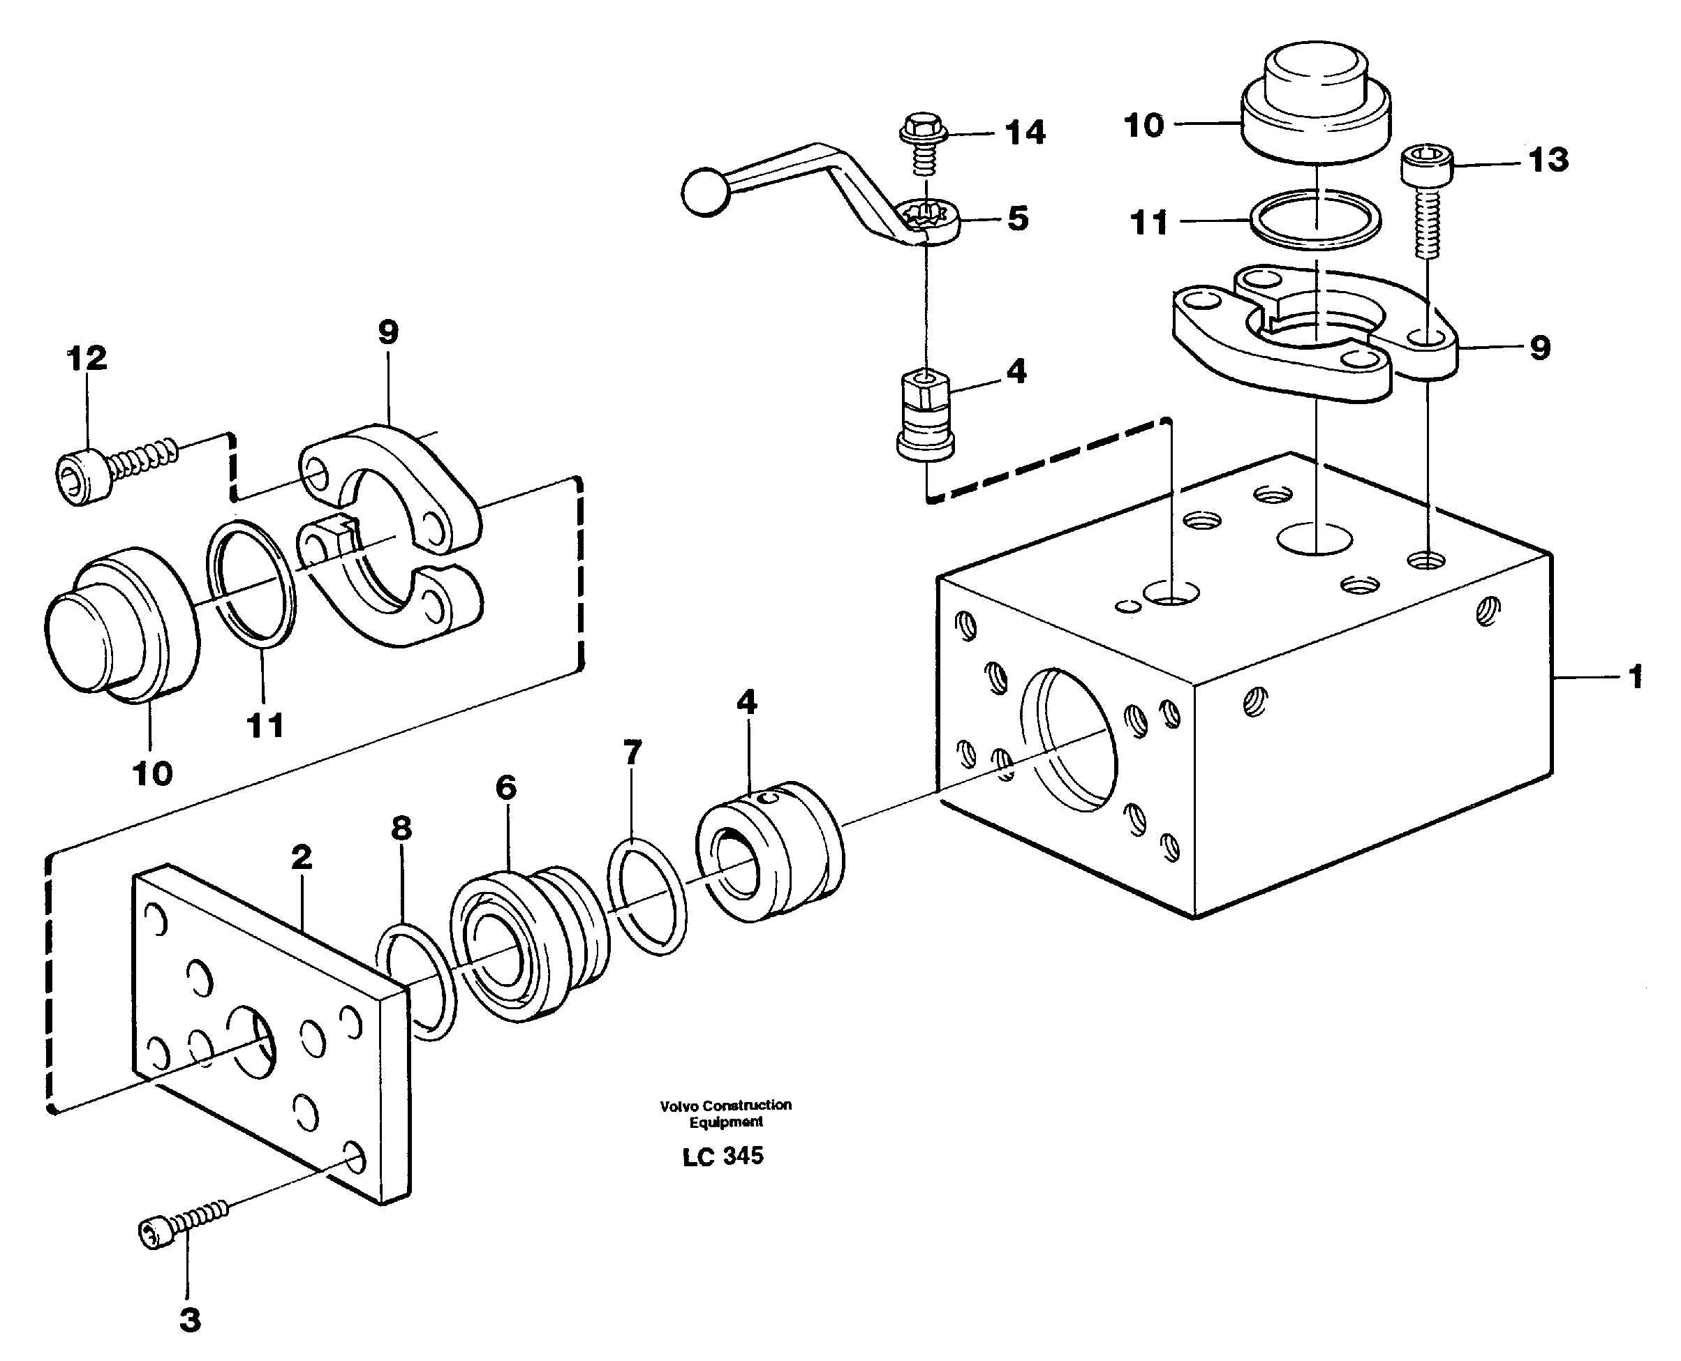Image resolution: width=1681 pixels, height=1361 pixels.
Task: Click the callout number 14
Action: click(x=1025, y=133)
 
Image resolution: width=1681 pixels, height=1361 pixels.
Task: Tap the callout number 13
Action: click(x=1548, y=160)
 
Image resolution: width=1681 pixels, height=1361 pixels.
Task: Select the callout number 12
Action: click(x=87, y=359)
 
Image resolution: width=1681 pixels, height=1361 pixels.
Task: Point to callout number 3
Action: click(x=189, y=1319)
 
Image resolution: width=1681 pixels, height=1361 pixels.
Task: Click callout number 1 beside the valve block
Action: click(x=1635, y=676)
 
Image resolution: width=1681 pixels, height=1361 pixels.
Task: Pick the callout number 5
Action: click(x=1017, y=218)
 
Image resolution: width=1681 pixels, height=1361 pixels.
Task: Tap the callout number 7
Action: click(x=632, y=752)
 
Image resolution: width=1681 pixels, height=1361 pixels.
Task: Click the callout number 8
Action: click(x=401, y=828)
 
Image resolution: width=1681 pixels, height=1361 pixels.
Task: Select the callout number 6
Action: click(x=505, y=787)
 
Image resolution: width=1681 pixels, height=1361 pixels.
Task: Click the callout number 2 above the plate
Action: click(x=301, y=857)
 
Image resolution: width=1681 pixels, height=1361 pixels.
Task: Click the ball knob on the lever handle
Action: click(x=705, y=192)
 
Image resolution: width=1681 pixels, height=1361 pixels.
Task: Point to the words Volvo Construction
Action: click(x=725, y=1106)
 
